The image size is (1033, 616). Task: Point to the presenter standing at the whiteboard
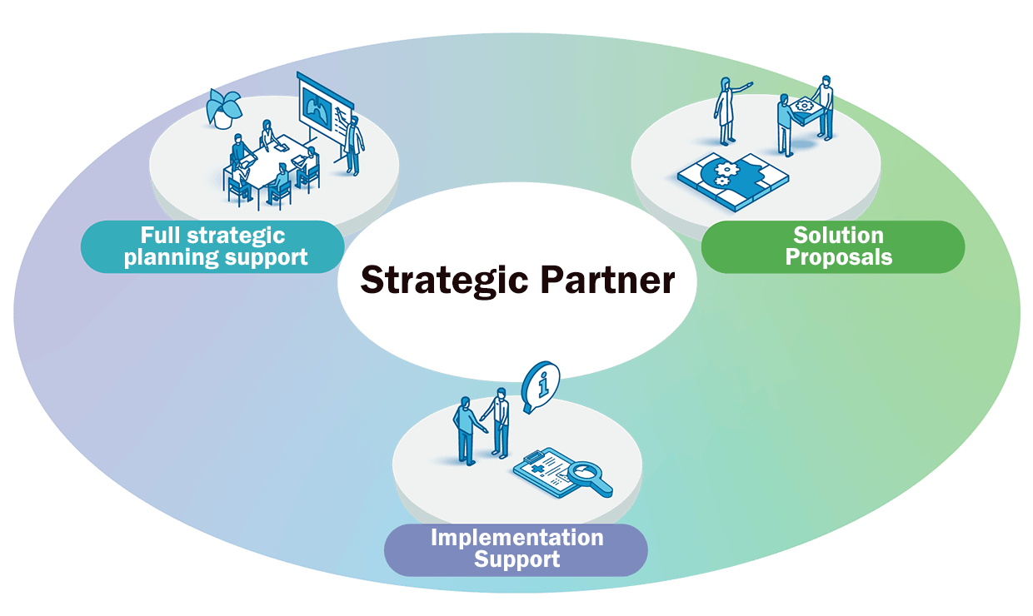point(355,144)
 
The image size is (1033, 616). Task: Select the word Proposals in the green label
point(838,257)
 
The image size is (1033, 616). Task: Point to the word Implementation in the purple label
point(516,538)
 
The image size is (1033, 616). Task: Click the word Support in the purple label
point(516,559)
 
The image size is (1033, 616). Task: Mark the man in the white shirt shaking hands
point(500,422)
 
